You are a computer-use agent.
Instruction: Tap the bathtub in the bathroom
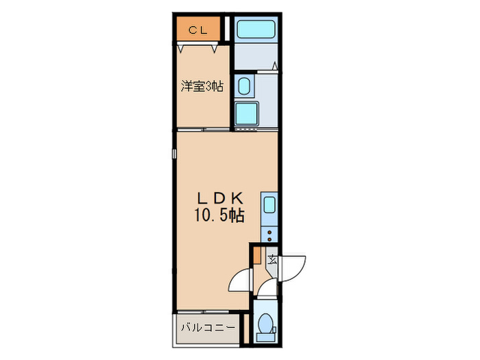click(x=255, y=29)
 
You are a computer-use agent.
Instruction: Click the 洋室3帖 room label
click(x=202, y=86)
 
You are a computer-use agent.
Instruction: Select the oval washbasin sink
click(x=243, y=85)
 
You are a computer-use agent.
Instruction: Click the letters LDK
click(x=219, y=197)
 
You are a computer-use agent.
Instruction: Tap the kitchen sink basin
click(x=269, y=205)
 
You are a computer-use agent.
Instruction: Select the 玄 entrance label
click(x=272, y=259)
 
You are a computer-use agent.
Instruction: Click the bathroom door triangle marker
click(x=274, y=67)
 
